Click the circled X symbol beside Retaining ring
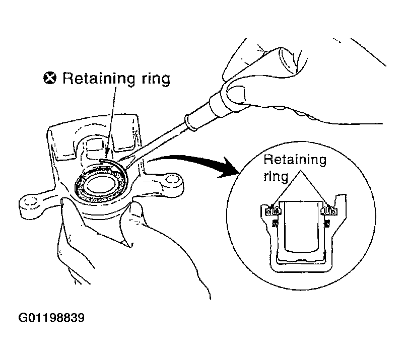click(x=49, y=78)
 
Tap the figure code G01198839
click(x=51, y=317)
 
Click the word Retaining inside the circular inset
click(x=295, y=160)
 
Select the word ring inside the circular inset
click(x=276, y=177)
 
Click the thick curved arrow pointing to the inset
click(x=191, y=163)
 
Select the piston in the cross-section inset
click(x=301, y=227)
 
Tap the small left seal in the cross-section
click(x=275, y=223)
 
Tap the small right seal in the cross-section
click(x=327, y=223)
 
